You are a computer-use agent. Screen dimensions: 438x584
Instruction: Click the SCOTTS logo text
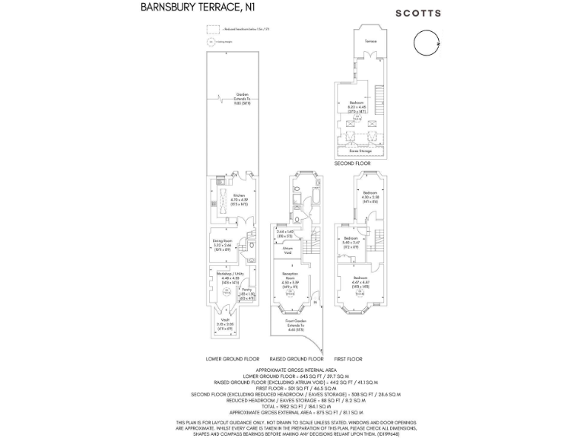click(x=418, y=13)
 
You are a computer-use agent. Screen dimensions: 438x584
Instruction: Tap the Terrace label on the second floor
click(x=370, y=40)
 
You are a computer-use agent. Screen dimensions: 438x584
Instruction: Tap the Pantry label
click(x=247, y=291)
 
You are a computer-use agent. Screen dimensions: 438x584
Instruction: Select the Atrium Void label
click(x=288, y=249)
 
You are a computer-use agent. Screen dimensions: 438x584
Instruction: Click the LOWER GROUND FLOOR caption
click(x=233, y=359)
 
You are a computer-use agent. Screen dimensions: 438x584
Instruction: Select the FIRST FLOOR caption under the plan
click(x=348, y=359)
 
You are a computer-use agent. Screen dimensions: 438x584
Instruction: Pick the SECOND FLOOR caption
click(x=352, y=163)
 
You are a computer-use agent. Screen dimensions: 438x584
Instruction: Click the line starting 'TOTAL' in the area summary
click(x=292, y=407)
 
